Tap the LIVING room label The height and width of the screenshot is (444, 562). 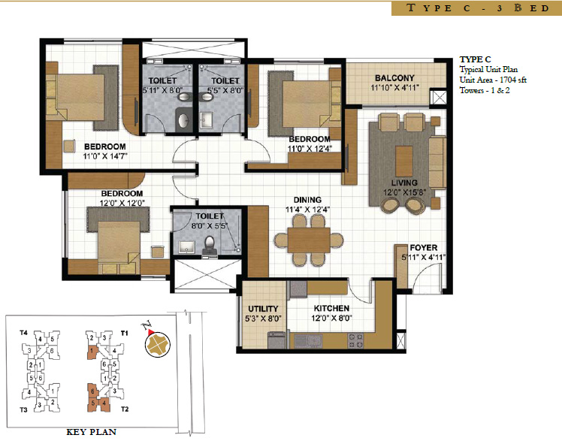click(x=403, y=183)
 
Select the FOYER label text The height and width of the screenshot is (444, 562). click(x=423, y=247)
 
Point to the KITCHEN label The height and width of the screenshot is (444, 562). click(x=331, y=308)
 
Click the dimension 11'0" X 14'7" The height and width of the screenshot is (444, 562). click(x=104, y=157)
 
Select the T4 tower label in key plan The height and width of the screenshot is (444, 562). click(x=24, y=332)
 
